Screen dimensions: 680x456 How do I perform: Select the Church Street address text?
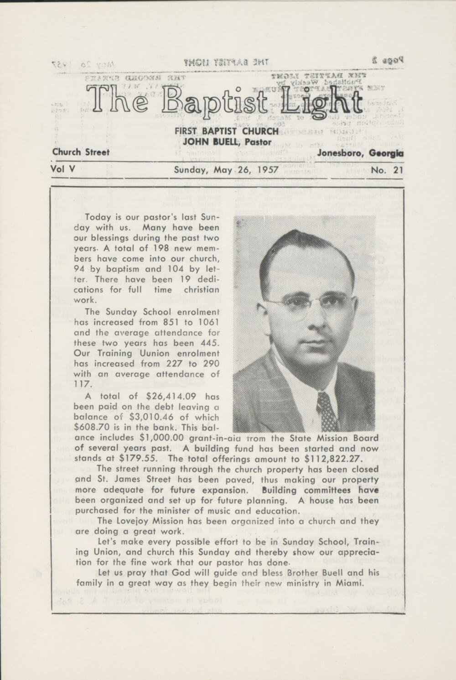(81, 152)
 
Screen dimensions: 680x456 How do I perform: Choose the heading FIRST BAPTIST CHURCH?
(227, 131)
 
